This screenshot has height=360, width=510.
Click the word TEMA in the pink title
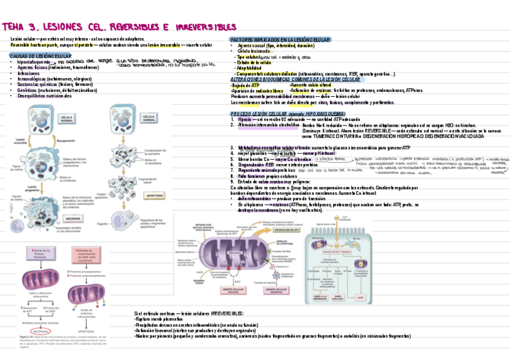15,28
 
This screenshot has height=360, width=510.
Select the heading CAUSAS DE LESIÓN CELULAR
41,56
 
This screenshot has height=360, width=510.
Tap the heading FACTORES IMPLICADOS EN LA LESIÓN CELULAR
280,40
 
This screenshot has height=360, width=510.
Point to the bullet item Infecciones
30,73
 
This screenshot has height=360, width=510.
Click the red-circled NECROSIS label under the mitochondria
41,331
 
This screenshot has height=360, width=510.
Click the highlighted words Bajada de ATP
245,86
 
